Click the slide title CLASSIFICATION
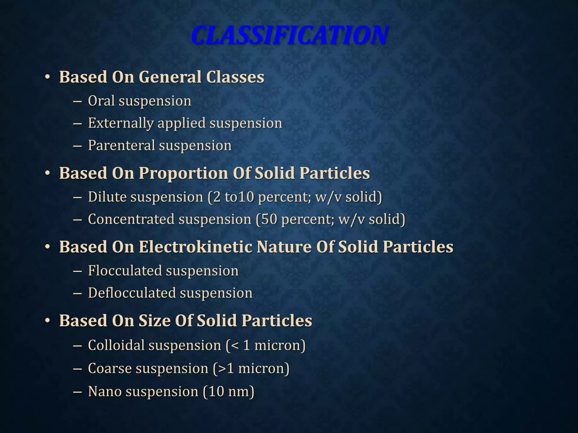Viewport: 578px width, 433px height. (x=289, y=35)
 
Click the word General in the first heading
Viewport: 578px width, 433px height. (x=170, y=77)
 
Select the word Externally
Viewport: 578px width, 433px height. (x=121, y=123)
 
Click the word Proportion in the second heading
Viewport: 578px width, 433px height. (x=183, y=173)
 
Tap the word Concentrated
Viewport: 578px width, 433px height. (x=131, y=219)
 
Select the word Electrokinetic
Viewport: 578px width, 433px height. (x=195, y=247)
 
